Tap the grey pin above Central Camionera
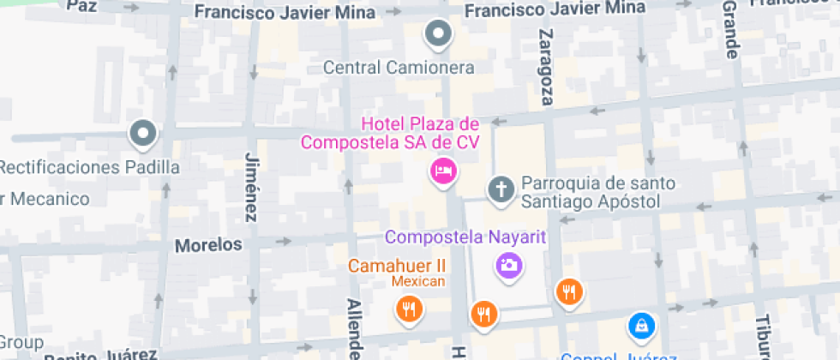tap(439, 34)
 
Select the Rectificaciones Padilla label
tap(90, 166)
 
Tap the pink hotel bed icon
tap(443, 171)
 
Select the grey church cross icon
tap(500, 189)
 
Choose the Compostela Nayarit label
tap(465, 237)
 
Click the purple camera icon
tap(509, 265)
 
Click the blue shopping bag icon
tap(640, 325)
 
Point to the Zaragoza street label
tap(545, 67)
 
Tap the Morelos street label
tap(208, 245)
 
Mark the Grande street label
tap(730, 30)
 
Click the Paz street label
tap(81, 6)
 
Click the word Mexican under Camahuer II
tap(419, 282)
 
